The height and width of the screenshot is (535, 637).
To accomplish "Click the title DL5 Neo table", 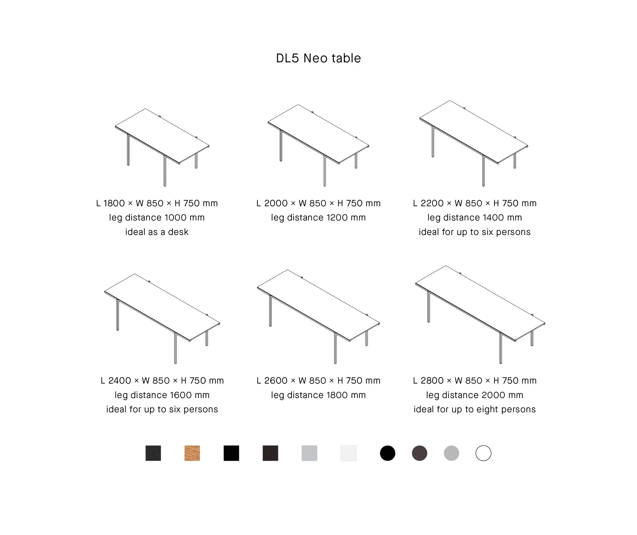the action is pyautogui.click(x=318, y=58).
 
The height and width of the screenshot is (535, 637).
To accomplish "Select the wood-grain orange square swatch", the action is pyautogui.click(x=192, y=453).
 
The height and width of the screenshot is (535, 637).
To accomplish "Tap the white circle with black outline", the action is pyautogui.click(x=483, y=453).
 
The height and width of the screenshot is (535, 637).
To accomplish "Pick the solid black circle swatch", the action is pyautogui.click(x=388, y=453).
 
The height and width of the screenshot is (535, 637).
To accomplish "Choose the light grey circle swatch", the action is pyautogui.click(x=451, y=453).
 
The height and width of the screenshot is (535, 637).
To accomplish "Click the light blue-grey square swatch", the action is pyautogui.click(x=309, y=453).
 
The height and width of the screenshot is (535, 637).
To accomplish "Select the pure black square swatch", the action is pyautogui.click(x=231, y=453).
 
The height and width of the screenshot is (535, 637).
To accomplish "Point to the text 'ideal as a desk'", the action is pyautogui.click(x=157, y=232).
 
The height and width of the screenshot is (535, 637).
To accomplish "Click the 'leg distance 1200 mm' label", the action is pyautogui.click(x=318, y=218).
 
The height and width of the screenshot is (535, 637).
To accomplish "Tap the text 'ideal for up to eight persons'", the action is pyautogui.click(x=475, y=409).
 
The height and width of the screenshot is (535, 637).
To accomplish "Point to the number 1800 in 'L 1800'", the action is pyautogui.click(x=114, y=203).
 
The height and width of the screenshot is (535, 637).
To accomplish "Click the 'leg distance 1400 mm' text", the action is pyautogui.click(x=475, y=218).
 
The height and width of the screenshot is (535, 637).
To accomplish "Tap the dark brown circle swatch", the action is pyautogui.click(x=420, y=453).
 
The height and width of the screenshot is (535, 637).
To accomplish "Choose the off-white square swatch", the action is pyautogui.click(x=349, y=453).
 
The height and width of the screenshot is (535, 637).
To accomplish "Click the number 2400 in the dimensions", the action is pyautogui.click(x=120, y=381).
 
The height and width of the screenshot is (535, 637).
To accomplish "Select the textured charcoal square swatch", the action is pyautogui.click(x=153, y=453).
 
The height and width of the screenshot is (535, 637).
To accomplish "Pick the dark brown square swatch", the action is pyautogui.click(x=270, y=453).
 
